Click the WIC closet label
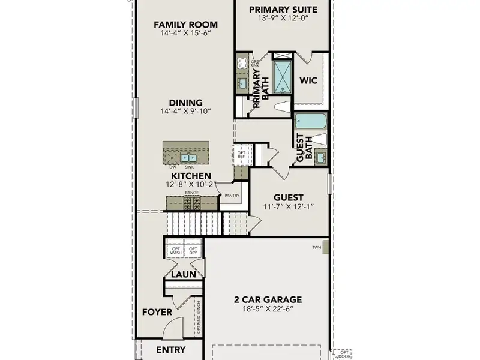[x=308, y=80]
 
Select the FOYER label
[x=157, y=312]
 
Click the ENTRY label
[x=171, y=350]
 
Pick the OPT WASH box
[x=176, y=251]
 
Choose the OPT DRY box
[x=193, y=251]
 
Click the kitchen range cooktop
[x=191, y=203]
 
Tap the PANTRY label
[x=232, y=196]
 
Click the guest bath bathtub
[x=310, y=122]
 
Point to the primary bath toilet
[x=281, y=107]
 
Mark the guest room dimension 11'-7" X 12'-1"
[x=289, y=207]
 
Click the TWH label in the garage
[x=317, y=247]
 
